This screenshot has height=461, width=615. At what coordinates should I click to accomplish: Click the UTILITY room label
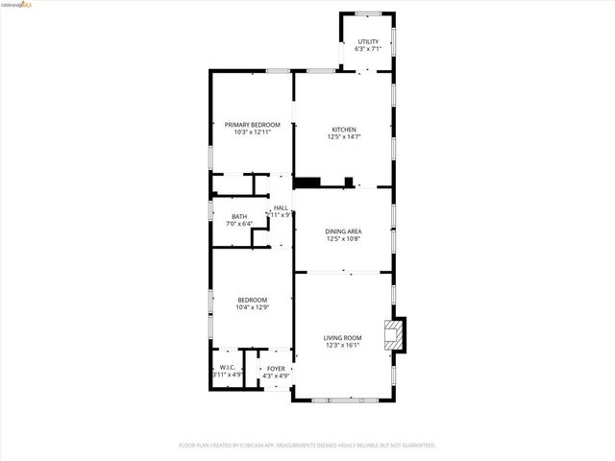pyautogui.click(x=368, y=41)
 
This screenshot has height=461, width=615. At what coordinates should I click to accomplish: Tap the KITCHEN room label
pyautogui.click(x=344, y=130)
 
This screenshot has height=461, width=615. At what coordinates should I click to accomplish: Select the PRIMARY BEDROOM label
pyautogui.click(x=252, y=125)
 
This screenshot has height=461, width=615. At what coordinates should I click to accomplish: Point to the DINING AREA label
pyautogui.click(x=343, y=231)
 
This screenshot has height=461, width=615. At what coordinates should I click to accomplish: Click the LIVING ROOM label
pyautogui.click(x=342, y=337)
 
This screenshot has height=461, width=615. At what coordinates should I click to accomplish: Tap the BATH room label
pyautogui.click(x=238, y=216)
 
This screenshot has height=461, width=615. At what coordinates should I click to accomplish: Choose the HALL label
pyautogui.click(x=281, y=207)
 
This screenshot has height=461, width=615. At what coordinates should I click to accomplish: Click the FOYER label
pyautogui.click(x=276, y=368)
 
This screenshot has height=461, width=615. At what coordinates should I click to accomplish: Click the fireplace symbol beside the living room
pyautogui.click(x=393, y=334)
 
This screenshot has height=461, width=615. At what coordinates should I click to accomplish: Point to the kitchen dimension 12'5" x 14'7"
pyautogui.click(x=344, y=137)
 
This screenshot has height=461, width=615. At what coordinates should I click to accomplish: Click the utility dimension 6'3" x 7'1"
pyautogui.click(x=368, y=49)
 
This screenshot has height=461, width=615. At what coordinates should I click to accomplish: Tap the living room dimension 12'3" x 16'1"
pyautogui.click(x=342, y=345)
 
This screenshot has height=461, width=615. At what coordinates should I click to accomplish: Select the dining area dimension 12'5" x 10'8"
pyautogui.click(x=343, y=239)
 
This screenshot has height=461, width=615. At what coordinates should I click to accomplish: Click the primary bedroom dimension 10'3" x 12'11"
pyautogui.click(x=252, y=133)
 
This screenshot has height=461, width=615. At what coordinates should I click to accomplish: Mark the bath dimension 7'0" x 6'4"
pyautogui.click(x=238, y=224)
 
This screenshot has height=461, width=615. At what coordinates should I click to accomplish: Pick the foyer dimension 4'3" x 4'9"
pyautogui.click(x=276, y=376)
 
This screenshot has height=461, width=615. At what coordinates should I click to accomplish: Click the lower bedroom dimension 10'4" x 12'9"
pyautogui.click(x=252, y=307)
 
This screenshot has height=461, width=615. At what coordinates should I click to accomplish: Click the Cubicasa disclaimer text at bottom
pyautogui.click(x=307, y=446)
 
